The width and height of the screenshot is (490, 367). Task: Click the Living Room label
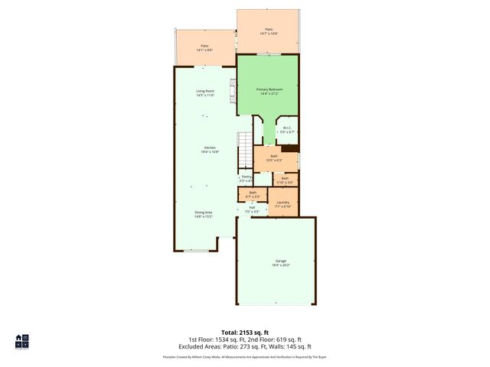pyautogui.click(x=204, y=93)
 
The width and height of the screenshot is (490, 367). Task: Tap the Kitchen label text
pyautogui.click(x=210, y=148)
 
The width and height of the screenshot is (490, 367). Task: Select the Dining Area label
pyautogui.click(x=203, y=213)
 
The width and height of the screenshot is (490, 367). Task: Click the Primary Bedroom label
pyautogui.click(x=269, y=91)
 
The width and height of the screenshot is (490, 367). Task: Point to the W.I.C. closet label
pyautogui.click(x=286, y=129)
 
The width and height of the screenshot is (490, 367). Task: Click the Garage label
pyautogui.click(x=281, y=262)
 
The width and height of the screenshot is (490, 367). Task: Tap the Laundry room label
pyautogui.click(x=283, y=203)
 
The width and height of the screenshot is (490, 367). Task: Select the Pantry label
pyautogui.click(x=246, y=177)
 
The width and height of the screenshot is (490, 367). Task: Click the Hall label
pyautogui.click(x=251, y=208)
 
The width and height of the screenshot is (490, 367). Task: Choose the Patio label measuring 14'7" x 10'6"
pyautogui.click(x=269, y=31)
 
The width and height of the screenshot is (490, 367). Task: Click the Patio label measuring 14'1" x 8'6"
pyautogui.click(x=204, y=47)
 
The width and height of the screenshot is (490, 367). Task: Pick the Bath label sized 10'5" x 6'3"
pyautogui.click(x=274, y=158)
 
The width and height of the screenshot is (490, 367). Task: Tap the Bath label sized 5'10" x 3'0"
pyautogui.click(x=284, y=180)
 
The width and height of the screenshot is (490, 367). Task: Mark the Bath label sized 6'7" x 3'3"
pyautogui.click(x=253, y=194)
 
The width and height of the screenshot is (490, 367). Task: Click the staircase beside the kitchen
pyautogui.click(x=244, y=142)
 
